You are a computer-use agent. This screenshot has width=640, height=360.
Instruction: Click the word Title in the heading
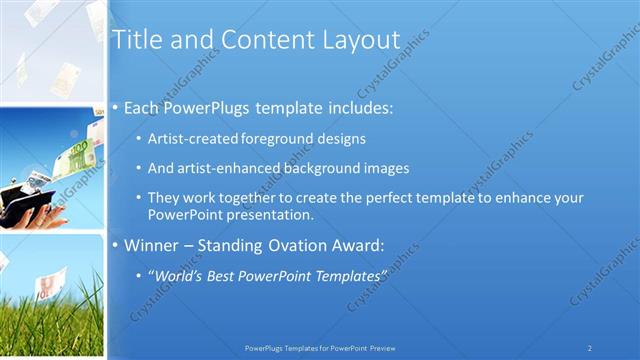pyautogui.click(x=134, y=40)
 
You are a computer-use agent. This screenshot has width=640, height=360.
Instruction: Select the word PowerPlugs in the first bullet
pyautogui.click(x=207, y=106)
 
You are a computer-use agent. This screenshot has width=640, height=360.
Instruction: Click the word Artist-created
pyautogui.click(x=188, y=139)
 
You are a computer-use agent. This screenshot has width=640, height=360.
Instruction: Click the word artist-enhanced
pyautogui.click(x=221, y=168)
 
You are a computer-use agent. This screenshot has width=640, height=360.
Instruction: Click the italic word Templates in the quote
pyautogui.click(x=347, y=274)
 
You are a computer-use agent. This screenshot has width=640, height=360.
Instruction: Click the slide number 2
pyautogui.click(x=590, y=348)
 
